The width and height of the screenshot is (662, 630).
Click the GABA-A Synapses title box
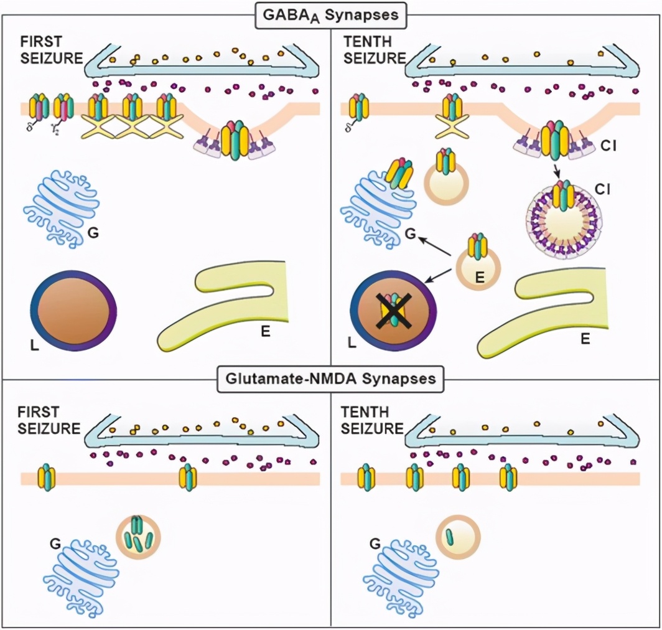coord(330,14)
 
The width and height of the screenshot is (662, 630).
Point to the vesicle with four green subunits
coord(138,537)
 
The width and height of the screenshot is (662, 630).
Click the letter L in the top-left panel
coord(34,343)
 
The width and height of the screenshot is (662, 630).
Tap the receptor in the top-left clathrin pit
coord(235,140)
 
